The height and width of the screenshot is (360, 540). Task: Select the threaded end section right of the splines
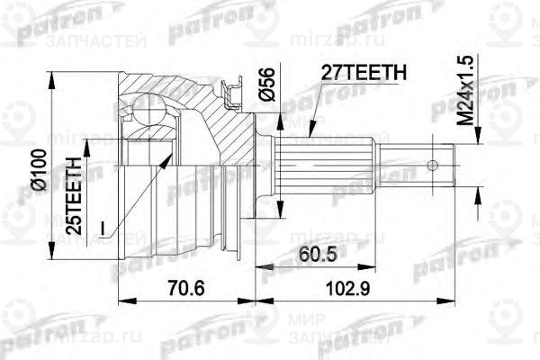click(410, 164)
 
